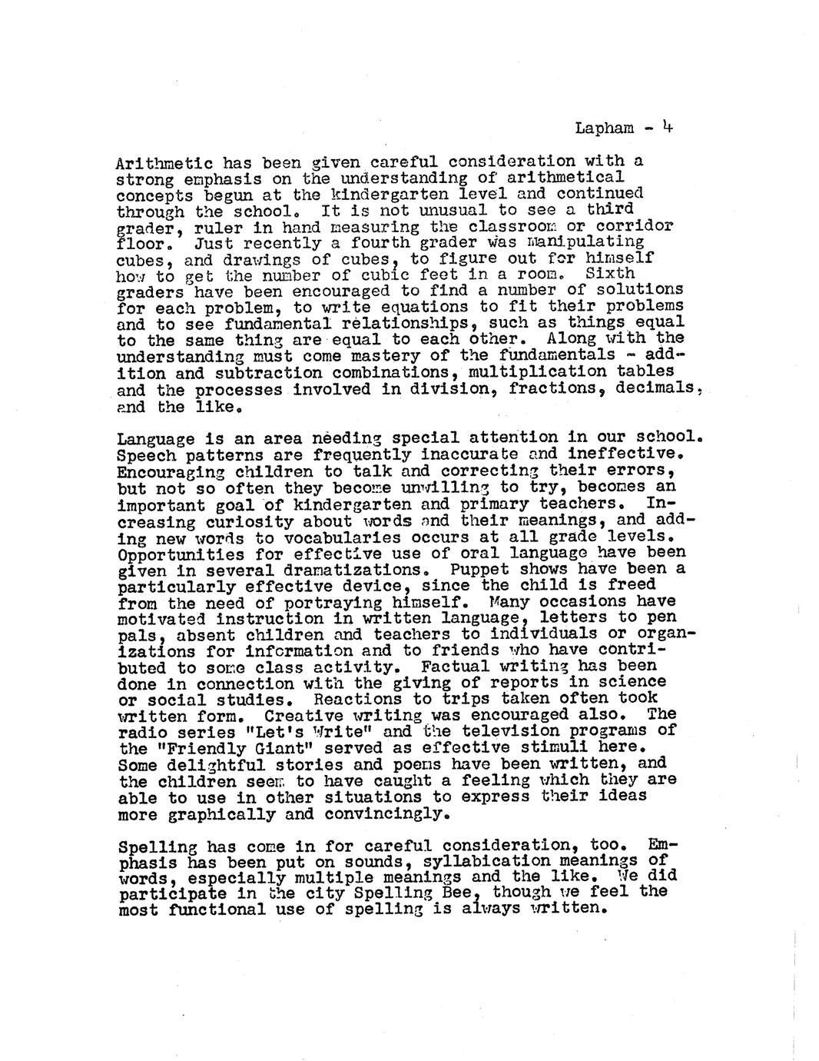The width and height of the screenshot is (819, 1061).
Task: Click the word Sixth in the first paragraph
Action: point(610,274)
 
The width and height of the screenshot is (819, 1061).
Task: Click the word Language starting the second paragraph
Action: point(155,439)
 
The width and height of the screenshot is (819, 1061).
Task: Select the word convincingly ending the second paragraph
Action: point(393,813)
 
